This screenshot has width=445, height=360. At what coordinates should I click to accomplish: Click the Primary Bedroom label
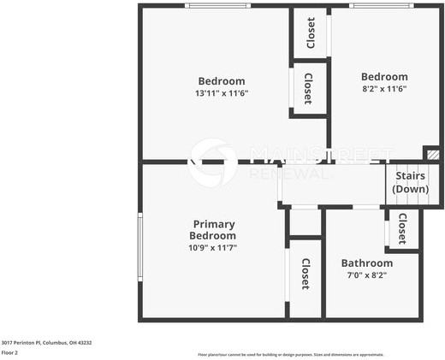pos(212,229)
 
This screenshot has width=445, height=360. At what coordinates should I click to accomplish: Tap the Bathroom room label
pos(366,263)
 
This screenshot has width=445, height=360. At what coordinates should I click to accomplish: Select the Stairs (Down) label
pos(410,182)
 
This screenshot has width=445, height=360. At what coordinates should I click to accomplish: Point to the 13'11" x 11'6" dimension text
pos(222,93)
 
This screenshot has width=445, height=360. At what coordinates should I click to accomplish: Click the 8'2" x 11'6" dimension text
pos(383,87)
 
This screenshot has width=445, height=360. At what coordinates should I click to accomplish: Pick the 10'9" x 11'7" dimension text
pos(212,247)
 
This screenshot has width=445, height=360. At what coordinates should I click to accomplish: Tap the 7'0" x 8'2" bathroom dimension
pos(366,275)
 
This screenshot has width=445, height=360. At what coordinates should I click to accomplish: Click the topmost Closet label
pos(311,33)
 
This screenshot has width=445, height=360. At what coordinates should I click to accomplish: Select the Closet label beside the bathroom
pos(305,274)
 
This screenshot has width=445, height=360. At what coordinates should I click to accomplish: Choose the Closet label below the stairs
pos(401,228)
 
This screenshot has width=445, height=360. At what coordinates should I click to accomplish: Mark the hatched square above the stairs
pos(434,154)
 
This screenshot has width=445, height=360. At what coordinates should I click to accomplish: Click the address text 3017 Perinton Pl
pos(46,342)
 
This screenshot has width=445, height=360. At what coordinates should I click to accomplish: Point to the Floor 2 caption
pos(9,352)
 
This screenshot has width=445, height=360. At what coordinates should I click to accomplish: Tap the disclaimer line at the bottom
pos(291,354)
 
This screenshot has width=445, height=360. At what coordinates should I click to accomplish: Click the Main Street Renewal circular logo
pos(213,162)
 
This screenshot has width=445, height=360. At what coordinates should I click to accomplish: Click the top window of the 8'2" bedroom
pos(376,6)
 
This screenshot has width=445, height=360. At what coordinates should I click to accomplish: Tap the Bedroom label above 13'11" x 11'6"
pos(222,81)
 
